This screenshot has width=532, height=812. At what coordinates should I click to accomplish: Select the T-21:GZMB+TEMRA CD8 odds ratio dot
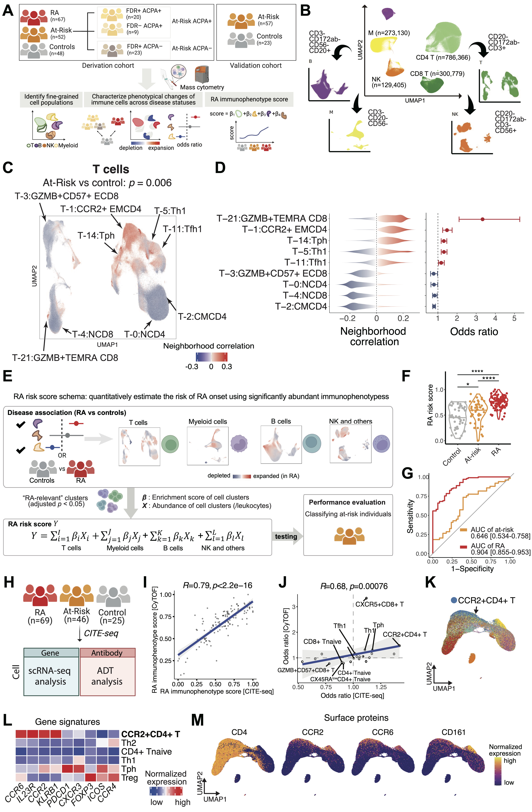tap(482, 219)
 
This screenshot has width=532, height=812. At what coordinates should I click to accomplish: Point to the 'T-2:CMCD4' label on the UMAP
tap(202, 317)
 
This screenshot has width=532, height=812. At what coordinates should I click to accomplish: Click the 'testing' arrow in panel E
tap(286, 536)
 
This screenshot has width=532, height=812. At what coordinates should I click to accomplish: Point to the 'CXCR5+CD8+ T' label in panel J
tap(379, 604)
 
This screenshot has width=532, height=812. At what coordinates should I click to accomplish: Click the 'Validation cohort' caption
tap(256, 66)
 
